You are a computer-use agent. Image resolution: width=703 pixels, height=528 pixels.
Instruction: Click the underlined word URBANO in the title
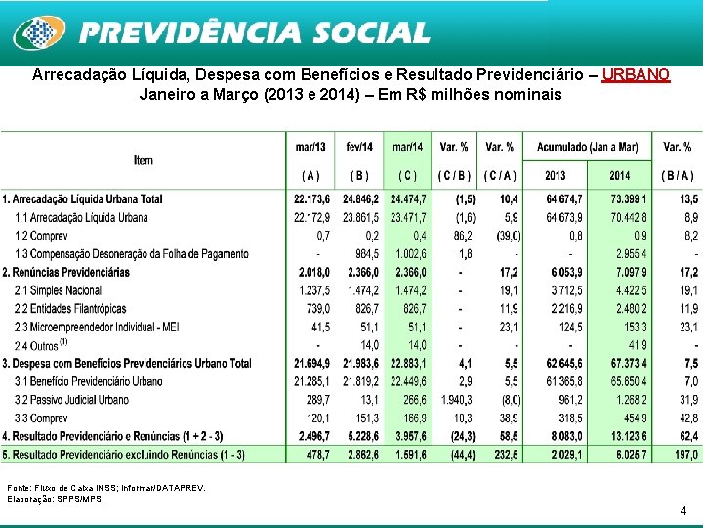pos(636,75)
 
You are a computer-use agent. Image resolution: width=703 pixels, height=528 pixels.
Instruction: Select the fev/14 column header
pos(358,147)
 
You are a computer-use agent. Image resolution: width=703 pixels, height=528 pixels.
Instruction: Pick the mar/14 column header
pos(407,147)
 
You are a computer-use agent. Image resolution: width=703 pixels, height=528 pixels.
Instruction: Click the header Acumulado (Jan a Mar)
pos(587,147)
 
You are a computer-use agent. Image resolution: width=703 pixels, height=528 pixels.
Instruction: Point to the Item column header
pos(144,160)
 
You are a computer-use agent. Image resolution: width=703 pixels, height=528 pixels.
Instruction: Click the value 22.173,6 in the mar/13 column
pos(311,199)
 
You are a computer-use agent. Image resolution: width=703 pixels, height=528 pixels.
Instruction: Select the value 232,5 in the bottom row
pos(501,454)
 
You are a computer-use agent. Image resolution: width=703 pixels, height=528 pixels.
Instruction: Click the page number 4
pos(683,510)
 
